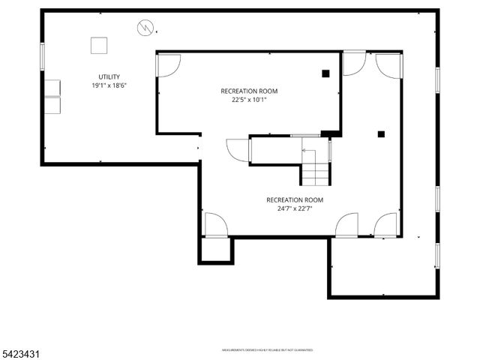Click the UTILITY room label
[x=109, y=77]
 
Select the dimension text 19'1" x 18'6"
[x=109, y=86]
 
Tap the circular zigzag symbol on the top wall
[x=144, y=28]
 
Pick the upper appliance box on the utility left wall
[x=52, y=86]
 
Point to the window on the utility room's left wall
[x=42, y=56]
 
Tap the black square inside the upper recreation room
[x=325, y=73]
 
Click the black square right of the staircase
[x=381, y=134]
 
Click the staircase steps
[x=315, y=175]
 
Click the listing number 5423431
[x=20, y=351]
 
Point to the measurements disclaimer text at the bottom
[x=266, y=350]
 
